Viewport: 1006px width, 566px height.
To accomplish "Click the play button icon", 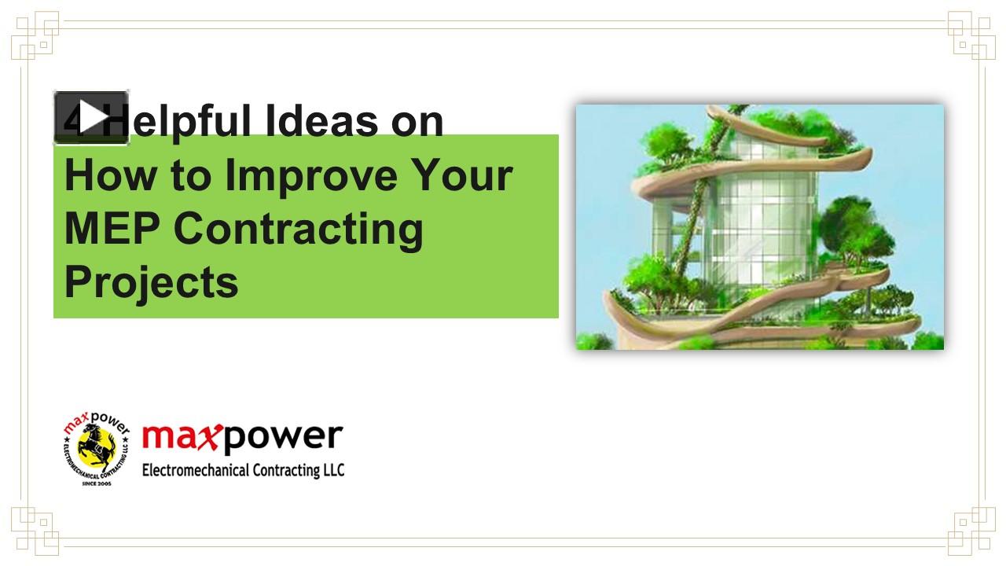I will pos(91,118).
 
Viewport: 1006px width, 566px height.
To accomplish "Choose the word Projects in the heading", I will pos(151,282).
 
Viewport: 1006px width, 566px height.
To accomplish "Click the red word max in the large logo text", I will pos(180,438).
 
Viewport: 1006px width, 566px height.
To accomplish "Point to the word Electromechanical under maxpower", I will pos(196,471).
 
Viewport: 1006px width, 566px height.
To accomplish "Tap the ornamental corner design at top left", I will pos(35,35).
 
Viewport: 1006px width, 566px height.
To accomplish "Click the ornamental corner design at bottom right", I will pos(971,531).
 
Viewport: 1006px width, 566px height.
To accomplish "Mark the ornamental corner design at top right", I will pos(971,35).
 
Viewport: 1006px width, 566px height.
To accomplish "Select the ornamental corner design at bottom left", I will pos(35,531).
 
